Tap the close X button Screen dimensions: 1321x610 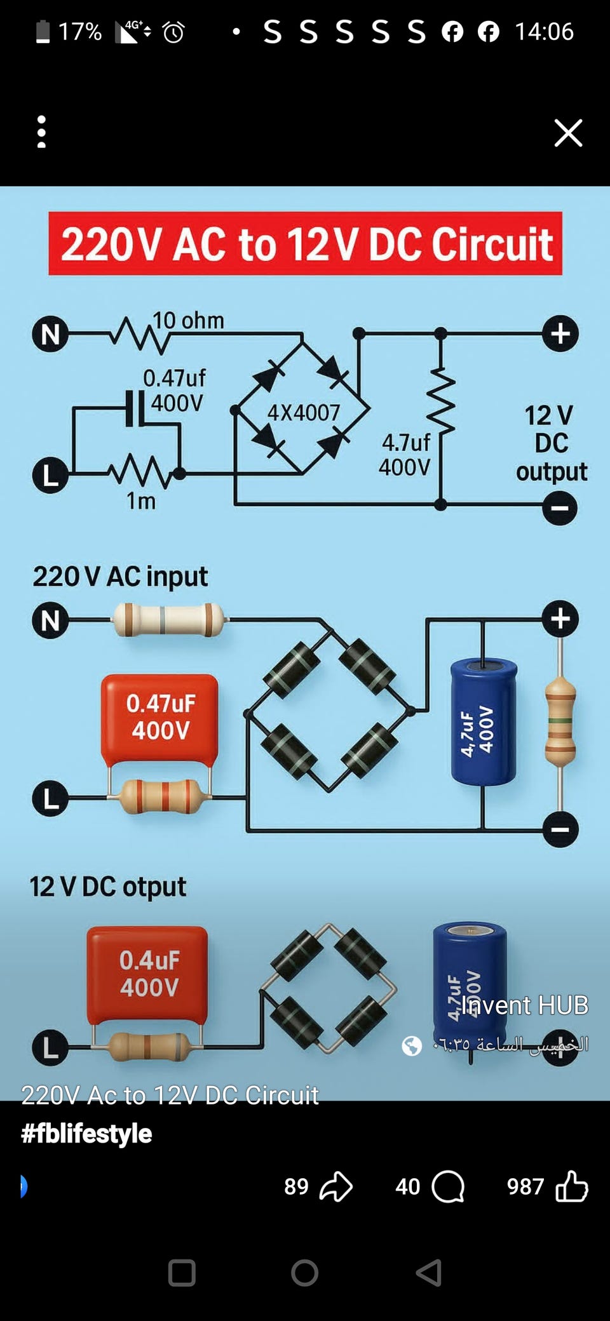pyautogui.click(x=568, y=133)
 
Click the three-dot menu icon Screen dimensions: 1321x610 pyautogui.click(x=41, y=132)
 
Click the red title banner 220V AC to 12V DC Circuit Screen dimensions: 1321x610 pyautogui.click(x=305, y=244)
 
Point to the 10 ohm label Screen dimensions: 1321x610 pyautogui.click(x=188, y=321)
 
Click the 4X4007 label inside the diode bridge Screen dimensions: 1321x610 pyautogui.click(x=304, y=413)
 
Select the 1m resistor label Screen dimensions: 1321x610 pyautogui.click(x=141, y=501)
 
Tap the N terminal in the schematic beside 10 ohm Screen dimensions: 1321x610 pyautogui.click(x=50, y=334)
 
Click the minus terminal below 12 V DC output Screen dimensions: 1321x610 pyautogui.click(x=560, y=508)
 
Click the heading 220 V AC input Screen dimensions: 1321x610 pyautogui.click(x=120, y=577)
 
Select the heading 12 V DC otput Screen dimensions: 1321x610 pyautogui.click(x=108, y=887)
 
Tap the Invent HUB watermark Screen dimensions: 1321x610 pyautogui.click(x=525, y=1005)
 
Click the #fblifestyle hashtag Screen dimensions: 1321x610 pyautogui.click(x=86, y=1134)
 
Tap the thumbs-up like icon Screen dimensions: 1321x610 pyautogui.click(x=572, y=1186)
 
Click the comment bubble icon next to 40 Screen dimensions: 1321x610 pyautogui.click(x=448, y=1186)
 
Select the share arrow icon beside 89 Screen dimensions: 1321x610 pyautogui.click(x=336, y=1186)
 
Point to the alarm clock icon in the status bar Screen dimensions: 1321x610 pyautogui.click(x=173, y=32)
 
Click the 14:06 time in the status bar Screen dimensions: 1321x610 pyautogui.click(x=544, y=32)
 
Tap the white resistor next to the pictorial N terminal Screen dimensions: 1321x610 pyautogui.click(x=168, y=620)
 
